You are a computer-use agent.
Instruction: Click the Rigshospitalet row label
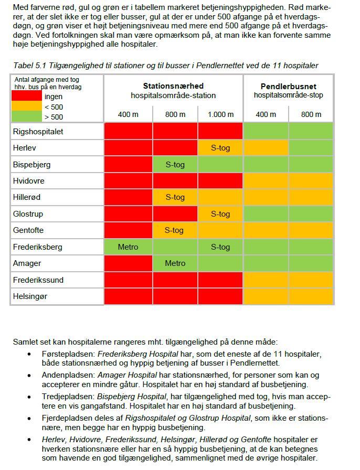tap(38, 132)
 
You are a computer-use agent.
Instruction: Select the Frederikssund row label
tap(38, 280)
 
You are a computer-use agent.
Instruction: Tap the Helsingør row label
tap(30, 296)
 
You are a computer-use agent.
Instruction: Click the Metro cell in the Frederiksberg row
tap(128, 247)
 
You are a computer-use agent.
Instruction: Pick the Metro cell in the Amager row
tap(175, 263)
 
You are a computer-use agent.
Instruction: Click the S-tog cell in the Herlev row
tap(220, 148)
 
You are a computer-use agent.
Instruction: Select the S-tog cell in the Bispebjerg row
tap(175, 165)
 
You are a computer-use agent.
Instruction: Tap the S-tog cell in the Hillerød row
tap(175, 198)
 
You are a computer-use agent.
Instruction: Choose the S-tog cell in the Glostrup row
tap(220, 214)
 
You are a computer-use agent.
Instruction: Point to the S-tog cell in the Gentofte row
tap(175, 230)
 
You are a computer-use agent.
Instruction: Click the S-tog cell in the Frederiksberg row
tap(220, 247)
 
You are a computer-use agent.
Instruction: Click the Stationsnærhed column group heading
tap(173, 86)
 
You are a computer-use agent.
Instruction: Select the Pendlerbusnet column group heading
tap(288, 86)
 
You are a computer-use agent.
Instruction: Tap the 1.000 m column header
tap(220, 114)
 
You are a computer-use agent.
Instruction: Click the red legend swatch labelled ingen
tap(26, 96)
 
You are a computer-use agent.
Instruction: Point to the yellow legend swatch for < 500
tap(26, 106)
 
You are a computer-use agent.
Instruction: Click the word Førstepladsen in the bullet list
tap(68, 354)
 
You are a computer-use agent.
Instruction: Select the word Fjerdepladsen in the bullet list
tap(68, 418)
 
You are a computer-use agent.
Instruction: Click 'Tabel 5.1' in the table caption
tap(29, 65)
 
